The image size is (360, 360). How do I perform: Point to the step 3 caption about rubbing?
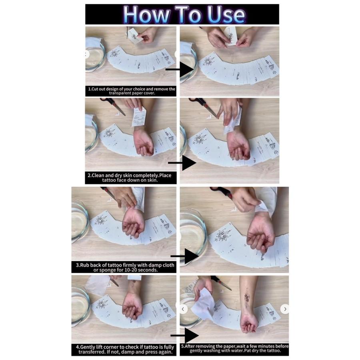coord(125,268)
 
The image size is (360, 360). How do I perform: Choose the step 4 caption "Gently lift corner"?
coord(125,349)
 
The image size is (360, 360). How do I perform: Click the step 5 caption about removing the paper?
coord(235,348)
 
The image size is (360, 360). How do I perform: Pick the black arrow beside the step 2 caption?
coord(182,163)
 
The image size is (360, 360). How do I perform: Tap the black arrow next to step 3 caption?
coord(185,256)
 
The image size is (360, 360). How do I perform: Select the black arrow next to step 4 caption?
coord(185,336)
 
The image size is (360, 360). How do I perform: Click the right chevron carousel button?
coord(285,309)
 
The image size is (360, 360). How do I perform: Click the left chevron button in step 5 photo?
coord(183,309)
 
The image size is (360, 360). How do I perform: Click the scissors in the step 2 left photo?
coord(113,106)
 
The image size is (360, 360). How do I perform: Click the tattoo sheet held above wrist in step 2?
coord(139,117)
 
